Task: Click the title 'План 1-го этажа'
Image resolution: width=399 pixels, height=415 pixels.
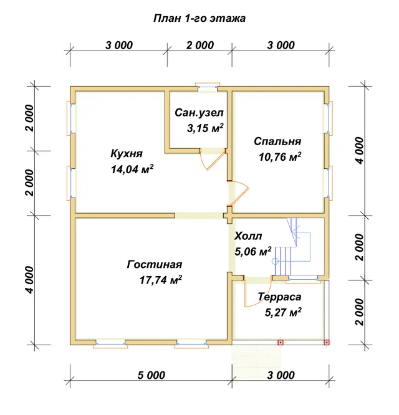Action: [199, 19]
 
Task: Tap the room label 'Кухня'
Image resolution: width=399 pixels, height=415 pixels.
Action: [127, 153]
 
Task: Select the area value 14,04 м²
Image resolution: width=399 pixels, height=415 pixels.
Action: [132, 169]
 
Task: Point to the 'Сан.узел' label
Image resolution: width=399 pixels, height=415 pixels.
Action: [199, 113]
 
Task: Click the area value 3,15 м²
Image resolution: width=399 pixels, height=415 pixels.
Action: [205, 128]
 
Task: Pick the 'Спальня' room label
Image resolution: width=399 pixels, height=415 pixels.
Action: [277, 141]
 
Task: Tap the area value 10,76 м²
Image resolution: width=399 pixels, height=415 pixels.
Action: [280, 156]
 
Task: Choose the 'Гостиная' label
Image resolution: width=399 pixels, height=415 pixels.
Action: [155, 264]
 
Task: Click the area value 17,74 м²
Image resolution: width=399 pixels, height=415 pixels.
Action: [161, 280]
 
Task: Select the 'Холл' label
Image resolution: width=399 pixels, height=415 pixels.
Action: [248, 236]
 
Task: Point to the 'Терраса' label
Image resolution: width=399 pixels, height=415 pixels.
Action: [279, 297]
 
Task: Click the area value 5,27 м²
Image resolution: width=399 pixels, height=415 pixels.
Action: [283, 312]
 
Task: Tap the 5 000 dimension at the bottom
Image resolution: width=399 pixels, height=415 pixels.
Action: [151, 375]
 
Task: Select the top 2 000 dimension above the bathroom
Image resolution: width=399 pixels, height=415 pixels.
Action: [200, 45]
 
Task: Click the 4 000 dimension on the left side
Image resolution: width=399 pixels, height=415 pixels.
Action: [30, 280]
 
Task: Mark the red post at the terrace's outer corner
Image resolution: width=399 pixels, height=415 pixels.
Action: [327, 343]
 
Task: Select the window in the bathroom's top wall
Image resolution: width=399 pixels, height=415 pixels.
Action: [208, 87]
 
